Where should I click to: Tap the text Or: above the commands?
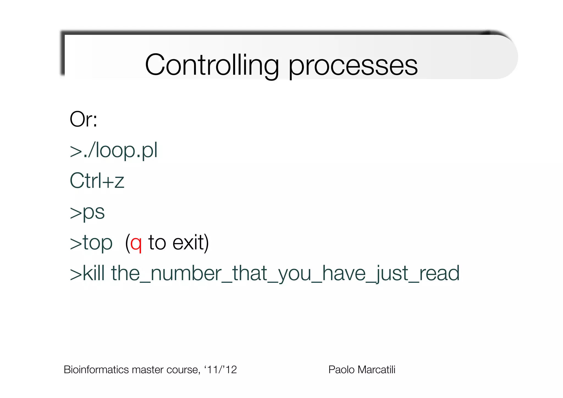click(x=83, y=119)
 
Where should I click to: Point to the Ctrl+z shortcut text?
click(x=97, y=181)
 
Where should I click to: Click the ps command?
click(x=94, y=212)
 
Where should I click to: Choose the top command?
click(x=98, y=243)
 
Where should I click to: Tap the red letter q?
click(x=136, y=243)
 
